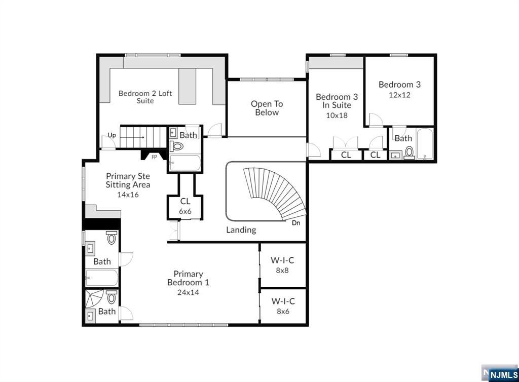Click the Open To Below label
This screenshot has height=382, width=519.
(267, 108)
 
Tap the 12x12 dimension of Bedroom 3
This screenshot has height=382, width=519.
(399, 95)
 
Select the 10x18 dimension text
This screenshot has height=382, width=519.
(337, 116)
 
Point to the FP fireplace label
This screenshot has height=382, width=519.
(154, 157)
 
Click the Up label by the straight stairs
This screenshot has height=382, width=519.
(112, 135)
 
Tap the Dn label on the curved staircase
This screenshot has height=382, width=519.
(296, 223)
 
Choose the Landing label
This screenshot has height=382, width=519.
(241, 230)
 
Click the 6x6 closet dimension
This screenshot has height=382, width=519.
(185, 211)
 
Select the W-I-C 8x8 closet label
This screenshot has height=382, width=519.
(282, 265)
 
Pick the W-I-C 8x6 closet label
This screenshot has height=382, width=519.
(283, 306)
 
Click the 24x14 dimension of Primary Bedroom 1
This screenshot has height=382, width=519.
(188, 292)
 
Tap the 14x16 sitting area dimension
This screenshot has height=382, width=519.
(128, 195)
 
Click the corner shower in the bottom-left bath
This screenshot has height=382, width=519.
(94, 298)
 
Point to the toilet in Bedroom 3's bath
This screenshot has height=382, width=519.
(410, 152)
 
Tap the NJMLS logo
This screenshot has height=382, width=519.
(500, 373)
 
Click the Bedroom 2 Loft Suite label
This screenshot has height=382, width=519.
(145, 97)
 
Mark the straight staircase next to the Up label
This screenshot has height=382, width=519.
(143, 137)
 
